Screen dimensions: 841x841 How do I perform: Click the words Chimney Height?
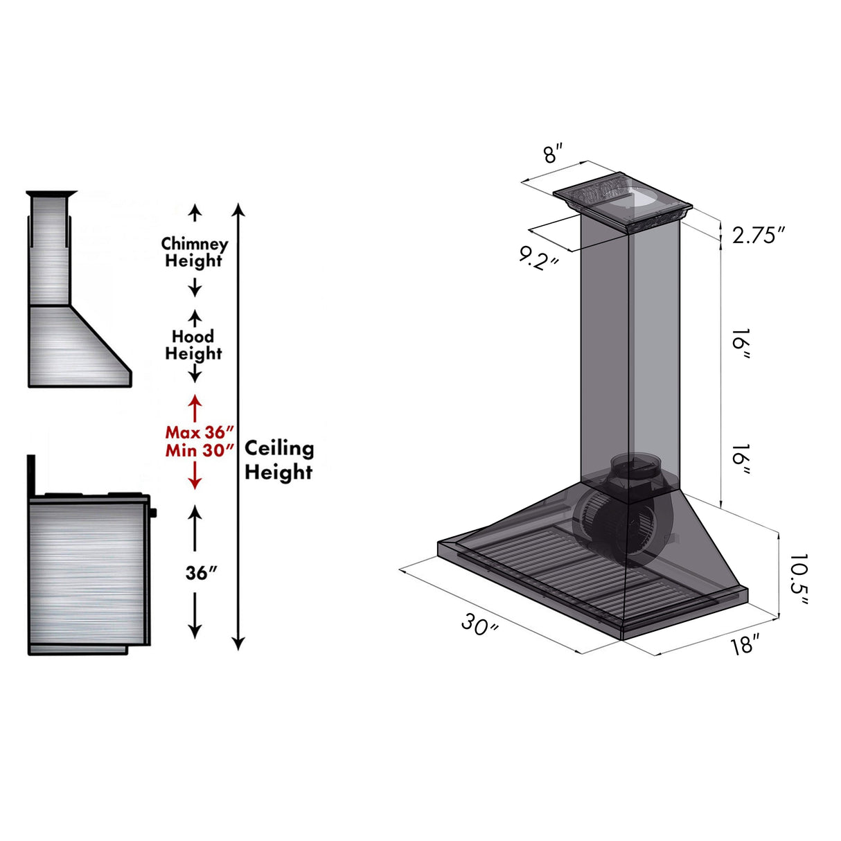194,253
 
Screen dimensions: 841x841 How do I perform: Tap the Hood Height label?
193,345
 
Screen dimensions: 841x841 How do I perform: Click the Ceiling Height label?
278,460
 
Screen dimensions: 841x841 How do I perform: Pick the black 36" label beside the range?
202,573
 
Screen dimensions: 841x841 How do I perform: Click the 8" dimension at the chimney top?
553,153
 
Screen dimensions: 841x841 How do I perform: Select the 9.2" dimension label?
540,258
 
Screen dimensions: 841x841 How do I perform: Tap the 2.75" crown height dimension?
759,236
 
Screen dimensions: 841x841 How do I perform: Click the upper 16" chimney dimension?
741,344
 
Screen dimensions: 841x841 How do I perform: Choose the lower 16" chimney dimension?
741,460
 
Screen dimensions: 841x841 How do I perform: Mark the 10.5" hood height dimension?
798,580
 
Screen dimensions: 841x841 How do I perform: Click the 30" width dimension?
479,626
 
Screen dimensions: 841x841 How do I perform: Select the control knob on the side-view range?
152,513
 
